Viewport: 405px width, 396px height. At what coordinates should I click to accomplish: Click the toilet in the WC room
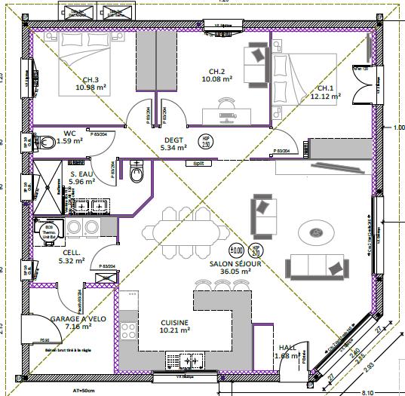[x=47, y=140]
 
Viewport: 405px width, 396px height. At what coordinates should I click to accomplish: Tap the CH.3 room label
[x=91, y=80]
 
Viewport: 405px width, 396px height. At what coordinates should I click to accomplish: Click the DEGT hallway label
[x=174, y=140]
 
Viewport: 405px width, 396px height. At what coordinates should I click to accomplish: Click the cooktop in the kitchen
[x=128, y=329]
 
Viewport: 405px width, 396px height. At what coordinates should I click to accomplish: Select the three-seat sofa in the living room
[x=316, y=265]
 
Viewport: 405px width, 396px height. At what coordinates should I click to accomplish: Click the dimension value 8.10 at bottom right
[x=389, y=391]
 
